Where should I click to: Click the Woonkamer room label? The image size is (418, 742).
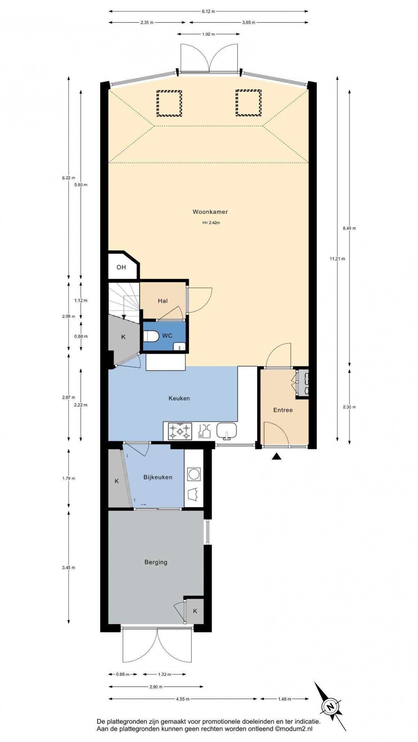(x=210, y=212)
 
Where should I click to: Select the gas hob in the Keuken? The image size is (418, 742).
(x=180, y=431)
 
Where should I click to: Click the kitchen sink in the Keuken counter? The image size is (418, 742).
(x=226, y=431)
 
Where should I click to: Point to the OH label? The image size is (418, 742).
(x=121, y=267)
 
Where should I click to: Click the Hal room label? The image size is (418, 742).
(x=163, y=301)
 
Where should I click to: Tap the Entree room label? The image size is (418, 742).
(x=283, y=410)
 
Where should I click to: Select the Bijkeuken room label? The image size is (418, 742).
(x=158, y=477)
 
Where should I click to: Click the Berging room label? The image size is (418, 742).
(x=156, y=562)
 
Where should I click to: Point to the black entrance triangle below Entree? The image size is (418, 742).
(x=277, y=456)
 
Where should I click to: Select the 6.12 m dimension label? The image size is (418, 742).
(x=208, y=11)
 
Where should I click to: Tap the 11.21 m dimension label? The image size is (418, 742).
(x=337, y=259)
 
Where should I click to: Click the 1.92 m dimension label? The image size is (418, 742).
(x=208, y=34)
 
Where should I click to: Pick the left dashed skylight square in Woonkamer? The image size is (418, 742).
(x=169, y=103)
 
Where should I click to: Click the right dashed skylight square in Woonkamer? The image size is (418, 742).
(x=248, y=103)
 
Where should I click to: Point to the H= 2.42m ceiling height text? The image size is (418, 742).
(x=211, y=223)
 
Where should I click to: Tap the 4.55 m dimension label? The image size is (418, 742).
(x=183, y=699)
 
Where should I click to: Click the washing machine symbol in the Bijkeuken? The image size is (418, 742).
(x=194, y=474)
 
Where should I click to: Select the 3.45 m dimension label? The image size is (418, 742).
(x=69, y=568)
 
